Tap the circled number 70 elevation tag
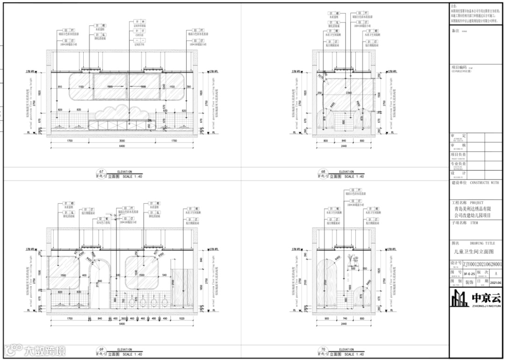tap(322, 350)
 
